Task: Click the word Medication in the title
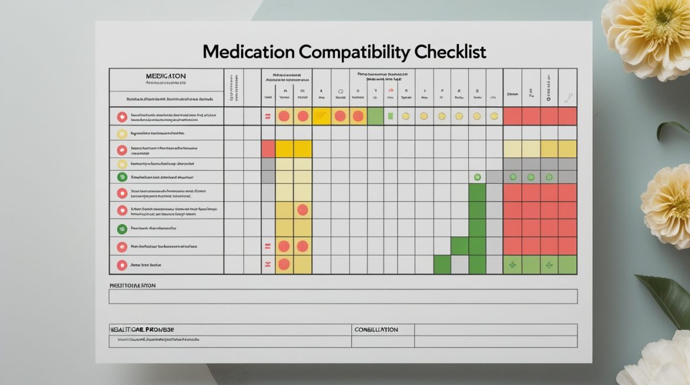248,52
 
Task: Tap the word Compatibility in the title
353,52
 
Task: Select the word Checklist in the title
450,52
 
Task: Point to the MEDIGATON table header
166,76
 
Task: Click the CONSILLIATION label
376,330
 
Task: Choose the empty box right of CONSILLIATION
495,330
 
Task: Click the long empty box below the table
343,296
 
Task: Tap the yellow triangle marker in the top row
321,116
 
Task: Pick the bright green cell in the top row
375,116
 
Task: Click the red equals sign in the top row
268,117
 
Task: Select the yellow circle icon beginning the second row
122,134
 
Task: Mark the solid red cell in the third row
268,149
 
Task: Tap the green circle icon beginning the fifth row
122,177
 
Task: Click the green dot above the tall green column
477,177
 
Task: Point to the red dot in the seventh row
303,209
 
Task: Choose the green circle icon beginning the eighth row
122,228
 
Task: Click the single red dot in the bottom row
284,264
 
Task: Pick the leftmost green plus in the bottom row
512,265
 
